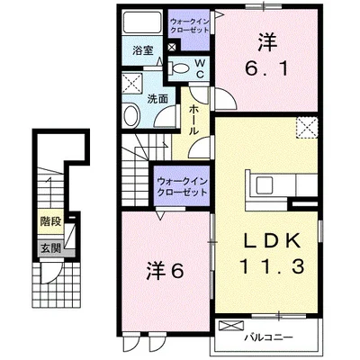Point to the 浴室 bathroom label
point(141,51)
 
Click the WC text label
point(199,69)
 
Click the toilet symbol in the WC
point(177,68)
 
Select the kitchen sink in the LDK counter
point(268,186)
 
